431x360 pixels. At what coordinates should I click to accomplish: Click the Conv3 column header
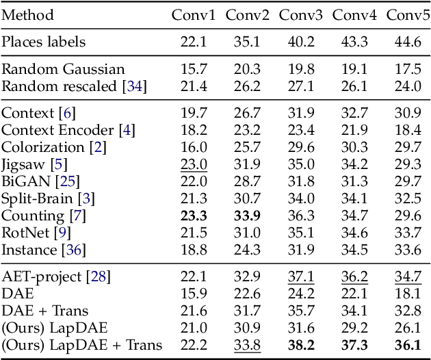[x=302, y=15]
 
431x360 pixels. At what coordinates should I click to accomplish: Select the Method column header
[x=27, y=15]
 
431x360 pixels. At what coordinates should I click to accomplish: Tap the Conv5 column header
[x=408, y=15]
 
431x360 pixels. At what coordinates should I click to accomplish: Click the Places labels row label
[x=44, y=42]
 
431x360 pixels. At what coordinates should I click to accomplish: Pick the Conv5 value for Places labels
[x=408, y=42]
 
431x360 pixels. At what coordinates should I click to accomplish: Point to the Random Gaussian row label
[x=64, y=69]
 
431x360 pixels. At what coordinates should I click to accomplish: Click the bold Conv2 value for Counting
[x=248, y=216]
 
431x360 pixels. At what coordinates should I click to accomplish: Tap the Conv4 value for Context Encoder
[x=355, y=130]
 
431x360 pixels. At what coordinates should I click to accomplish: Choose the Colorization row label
[x=42, y=147]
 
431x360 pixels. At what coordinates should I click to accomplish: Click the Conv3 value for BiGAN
[x=302, y=181]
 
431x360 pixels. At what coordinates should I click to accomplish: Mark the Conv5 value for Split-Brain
[x=408, y=199]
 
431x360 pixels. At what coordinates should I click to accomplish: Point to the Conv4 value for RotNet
[x=355, y=233]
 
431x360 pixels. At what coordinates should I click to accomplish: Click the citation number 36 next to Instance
[x=74, y=250]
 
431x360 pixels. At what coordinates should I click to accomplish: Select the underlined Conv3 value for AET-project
[x=302, y=277]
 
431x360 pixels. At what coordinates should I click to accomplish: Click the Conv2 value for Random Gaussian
[x=248, y=69]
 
